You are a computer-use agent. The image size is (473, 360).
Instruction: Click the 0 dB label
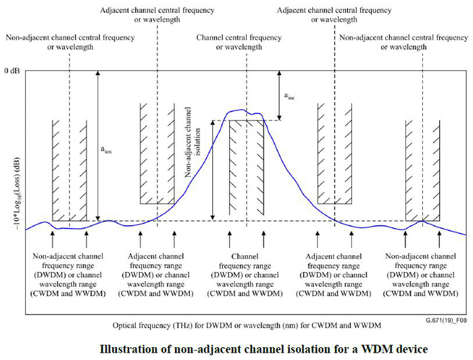(x=12, y=71)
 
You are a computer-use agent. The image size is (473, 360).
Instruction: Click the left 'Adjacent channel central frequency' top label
(x=157, y=15)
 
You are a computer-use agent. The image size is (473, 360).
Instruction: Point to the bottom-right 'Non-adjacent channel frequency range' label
(x=423, y=276)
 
